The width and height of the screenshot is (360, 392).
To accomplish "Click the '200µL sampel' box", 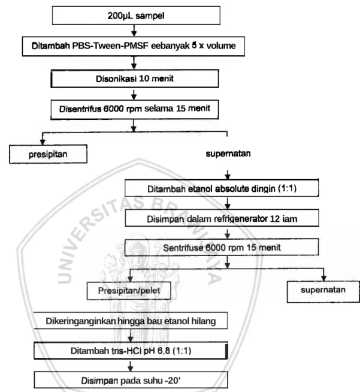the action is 136,16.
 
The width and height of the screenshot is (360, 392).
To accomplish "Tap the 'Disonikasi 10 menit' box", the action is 135,79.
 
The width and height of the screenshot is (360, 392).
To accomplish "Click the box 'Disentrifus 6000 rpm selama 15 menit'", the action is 134,109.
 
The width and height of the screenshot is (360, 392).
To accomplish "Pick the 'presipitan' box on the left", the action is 48,154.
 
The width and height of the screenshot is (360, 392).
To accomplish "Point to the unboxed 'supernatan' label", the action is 228,153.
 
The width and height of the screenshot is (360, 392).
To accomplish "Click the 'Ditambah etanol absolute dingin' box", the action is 222,188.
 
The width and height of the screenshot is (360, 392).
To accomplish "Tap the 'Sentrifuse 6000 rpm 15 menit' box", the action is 222,248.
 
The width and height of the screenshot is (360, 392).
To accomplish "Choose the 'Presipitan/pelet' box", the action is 129,291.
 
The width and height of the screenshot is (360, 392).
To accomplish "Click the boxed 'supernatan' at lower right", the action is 323,291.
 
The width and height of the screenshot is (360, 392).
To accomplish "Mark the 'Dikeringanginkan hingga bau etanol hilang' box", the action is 131,321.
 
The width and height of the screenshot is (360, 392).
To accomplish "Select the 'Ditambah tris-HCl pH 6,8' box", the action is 131,351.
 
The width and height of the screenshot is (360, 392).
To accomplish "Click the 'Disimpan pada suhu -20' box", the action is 131,381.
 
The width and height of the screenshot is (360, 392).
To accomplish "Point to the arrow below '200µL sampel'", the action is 134,30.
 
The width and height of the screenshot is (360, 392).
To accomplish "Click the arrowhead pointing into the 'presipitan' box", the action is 43,142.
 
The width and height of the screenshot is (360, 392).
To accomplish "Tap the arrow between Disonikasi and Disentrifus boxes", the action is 134,94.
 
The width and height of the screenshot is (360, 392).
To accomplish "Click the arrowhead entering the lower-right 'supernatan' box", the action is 323,278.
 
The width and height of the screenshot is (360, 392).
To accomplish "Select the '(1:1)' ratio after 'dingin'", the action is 288,188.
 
